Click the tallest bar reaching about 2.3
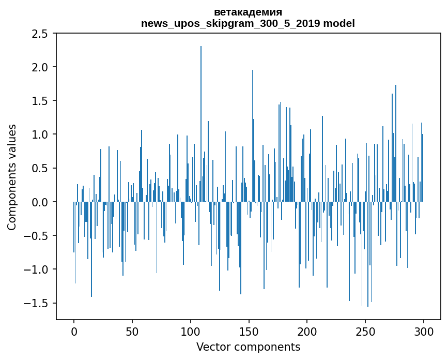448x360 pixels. click(201, 124)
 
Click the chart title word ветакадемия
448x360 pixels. click(248, 12)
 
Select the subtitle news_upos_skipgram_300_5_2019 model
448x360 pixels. click(248, 23)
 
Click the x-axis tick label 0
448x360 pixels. click(74, 332)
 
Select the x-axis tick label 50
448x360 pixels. click(132, 332)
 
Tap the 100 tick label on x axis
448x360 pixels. click(190, 332)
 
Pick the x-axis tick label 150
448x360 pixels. click(249, 332)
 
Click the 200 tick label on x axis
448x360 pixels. click(307, 332)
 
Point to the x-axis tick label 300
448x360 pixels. click(423, 332)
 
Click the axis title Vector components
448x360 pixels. click(248, 347)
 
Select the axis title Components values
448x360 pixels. click(12, 177)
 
